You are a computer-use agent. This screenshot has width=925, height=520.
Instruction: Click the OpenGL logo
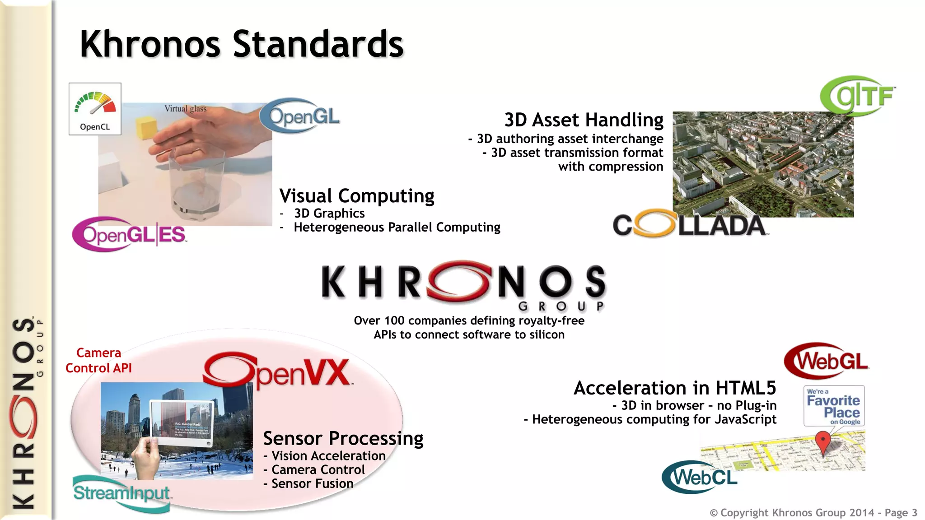coord(299,116)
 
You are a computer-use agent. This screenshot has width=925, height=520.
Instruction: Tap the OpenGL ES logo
coord(130,234)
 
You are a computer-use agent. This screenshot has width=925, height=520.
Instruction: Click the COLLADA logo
coord(690,224)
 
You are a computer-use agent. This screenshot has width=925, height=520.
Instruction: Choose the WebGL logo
coord(827,361)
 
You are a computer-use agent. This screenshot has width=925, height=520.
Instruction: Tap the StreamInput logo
coord(121,493)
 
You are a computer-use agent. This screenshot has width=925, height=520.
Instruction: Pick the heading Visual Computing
coord(357,196)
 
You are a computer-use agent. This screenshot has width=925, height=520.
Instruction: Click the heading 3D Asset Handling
coord(584,120)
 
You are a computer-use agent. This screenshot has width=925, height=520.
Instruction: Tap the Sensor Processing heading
coord(343,438)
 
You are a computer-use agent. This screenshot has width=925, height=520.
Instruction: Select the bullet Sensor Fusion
coord(312,483)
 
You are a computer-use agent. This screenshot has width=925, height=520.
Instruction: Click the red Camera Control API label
coord(99,360)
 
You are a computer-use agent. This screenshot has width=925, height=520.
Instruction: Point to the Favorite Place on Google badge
coord(834,406)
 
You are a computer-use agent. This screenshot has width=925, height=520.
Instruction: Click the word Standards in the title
coord(318,44)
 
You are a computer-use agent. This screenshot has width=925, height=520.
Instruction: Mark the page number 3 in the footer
coord(914,513)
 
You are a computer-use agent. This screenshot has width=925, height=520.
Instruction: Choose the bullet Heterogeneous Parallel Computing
coord(397,227)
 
